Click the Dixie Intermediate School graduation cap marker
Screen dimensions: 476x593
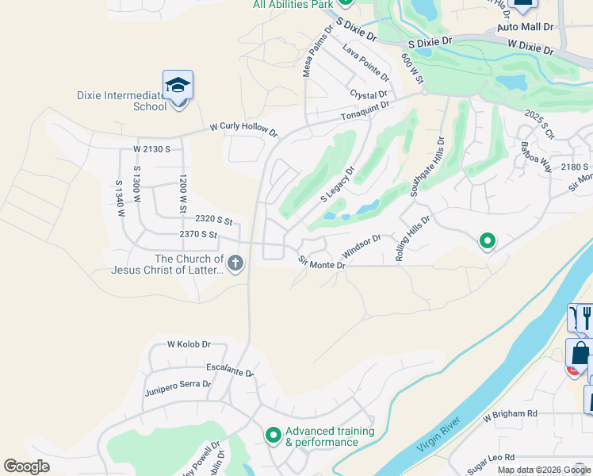[x=178, y=85]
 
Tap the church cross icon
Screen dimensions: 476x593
[x=235, y=263]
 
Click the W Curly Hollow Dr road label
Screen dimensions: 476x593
[x=243, y=129]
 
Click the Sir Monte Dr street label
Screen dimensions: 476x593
[x=322, y=261]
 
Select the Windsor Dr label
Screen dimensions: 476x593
[x=362, y=245]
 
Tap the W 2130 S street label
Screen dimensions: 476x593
[x=152, y=149]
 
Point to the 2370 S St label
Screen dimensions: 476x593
[x=198, y=234]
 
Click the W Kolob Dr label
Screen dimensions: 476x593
[x=189, y=344]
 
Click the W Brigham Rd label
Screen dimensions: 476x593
[x=510, y=414]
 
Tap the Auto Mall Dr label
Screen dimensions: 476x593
[x=524, y=27]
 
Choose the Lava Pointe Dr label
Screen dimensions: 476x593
[x=365, y=63]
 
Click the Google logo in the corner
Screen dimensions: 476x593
[x=26, y=466]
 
